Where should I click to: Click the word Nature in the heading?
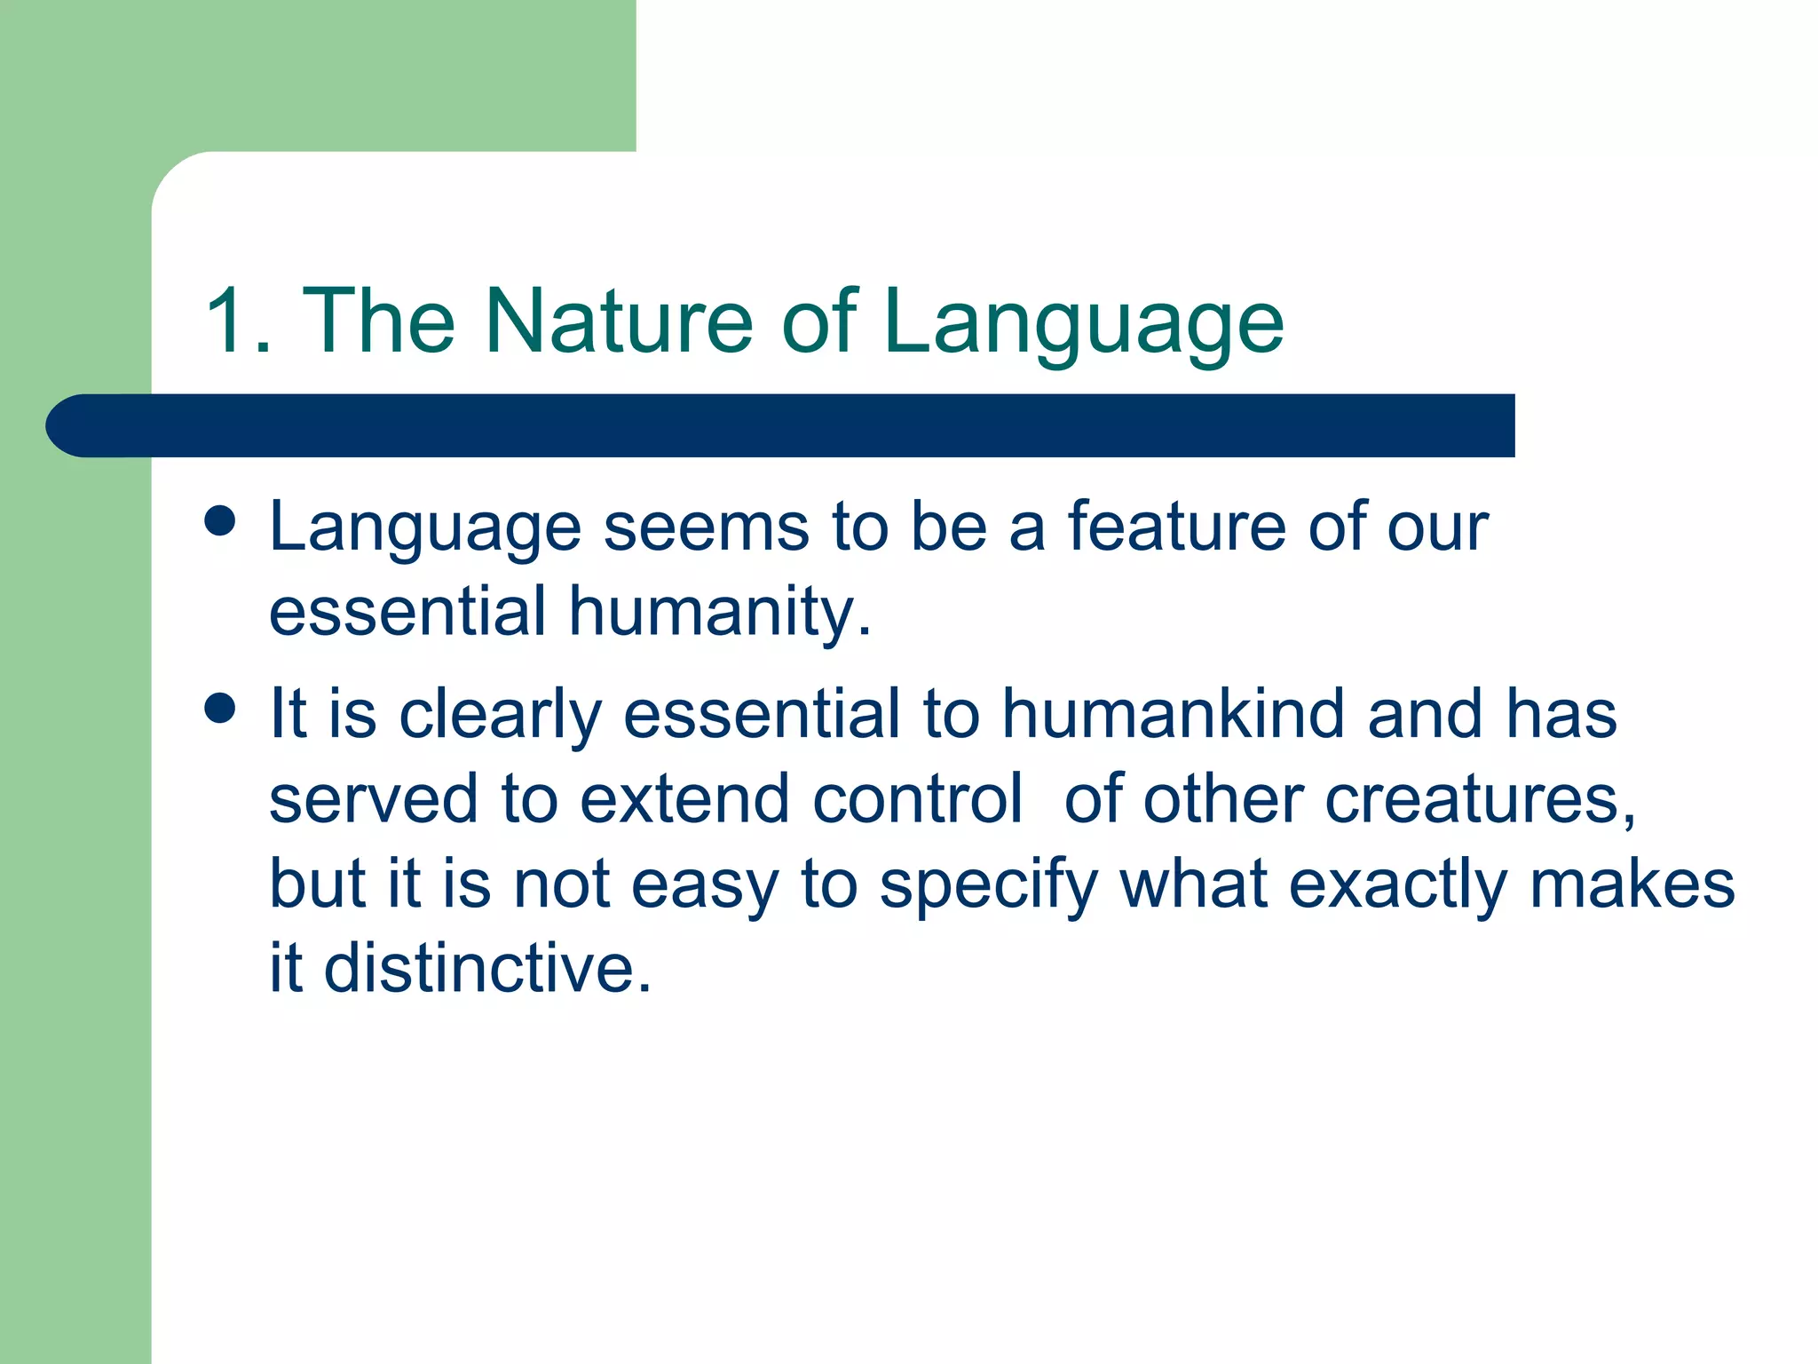tap(619, 321)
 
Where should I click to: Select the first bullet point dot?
tap(219, 521)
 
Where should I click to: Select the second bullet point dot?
tap(219, 708)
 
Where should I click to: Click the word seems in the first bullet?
tap(706, 527)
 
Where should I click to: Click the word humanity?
tap(719, 613)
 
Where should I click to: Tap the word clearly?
tap(501, 715)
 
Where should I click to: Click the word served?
tap(374, 798)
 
